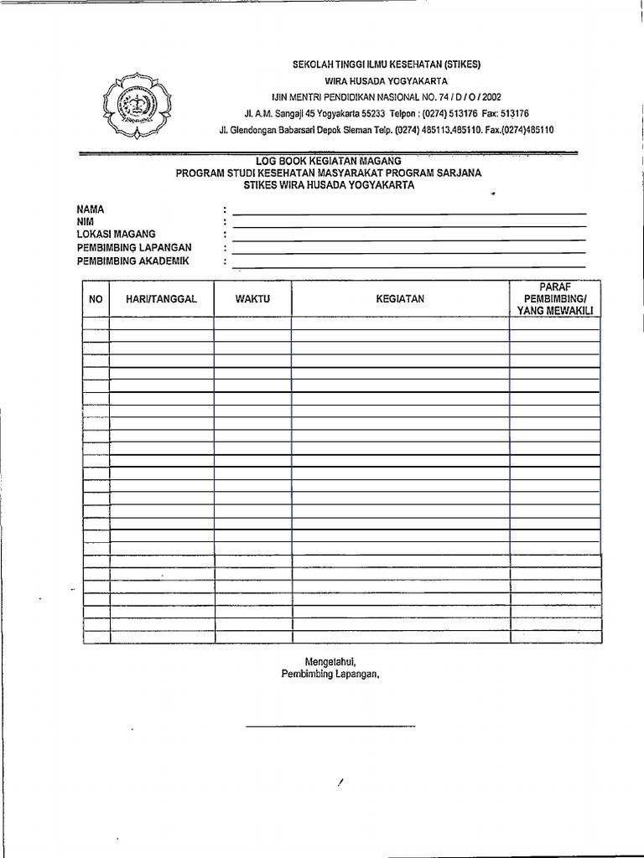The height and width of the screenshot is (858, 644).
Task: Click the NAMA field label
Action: click(x=91, y=209)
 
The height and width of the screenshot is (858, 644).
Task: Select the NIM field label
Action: click(x=86, y=221)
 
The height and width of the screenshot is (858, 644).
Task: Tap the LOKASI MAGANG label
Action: click(x=116, y=235)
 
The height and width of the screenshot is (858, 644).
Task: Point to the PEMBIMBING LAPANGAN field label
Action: click(x=134, y=247)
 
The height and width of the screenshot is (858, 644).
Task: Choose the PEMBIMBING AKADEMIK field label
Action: click(x=132, y=261)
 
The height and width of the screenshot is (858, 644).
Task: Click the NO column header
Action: click(x=96, y=299)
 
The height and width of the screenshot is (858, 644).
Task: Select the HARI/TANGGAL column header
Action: click(x=161, y=299)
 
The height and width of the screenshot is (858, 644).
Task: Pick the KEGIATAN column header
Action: click(x=400, y=299)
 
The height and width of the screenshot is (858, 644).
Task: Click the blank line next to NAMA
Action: click(x=409, y=214)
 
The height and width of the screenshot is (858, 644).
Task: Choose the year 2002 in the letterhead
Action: click(x=486, y=97)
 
